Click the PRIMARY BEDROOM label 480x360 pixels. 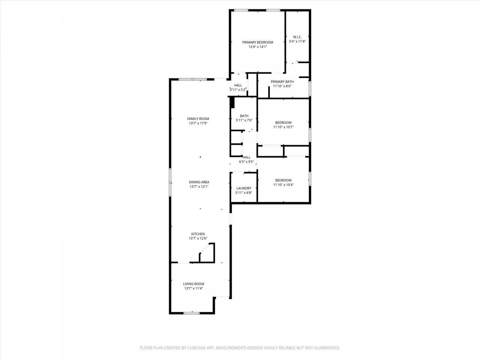pos(258,42)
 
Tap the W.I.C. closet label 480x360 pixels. pos(297,37)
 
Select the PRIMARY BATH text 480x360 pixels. pos(282,82)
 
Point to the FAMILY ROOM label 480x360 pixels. pos(198,119)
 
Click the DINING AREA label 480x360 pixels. pos(199,182)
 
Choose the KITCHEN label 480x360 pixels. pos(198,234)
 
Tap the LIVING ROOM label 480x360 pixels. pos(193,284)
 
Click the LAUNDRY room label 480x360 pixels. pos(244,188)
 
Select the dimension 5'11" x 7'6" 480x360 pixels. pos(244,120)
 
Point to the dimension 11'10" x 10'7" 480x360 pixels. pos(283,127)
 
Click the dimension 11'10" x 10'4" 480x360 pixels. pos(283,185)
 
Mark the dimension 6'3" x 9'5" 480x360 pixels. pos(246,162)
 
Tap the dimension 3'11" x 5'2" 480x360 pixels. pos(238,90)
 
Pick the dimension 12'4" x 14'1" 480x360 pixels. pos(258,47)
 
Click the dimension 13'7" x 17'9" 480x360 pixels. pos(198,123)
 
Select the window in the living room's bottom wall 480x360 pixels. pos(191,313)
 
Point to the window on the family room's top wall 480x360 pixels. pos(193,79)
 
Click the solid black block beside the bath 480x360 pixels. pos(232,102)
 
